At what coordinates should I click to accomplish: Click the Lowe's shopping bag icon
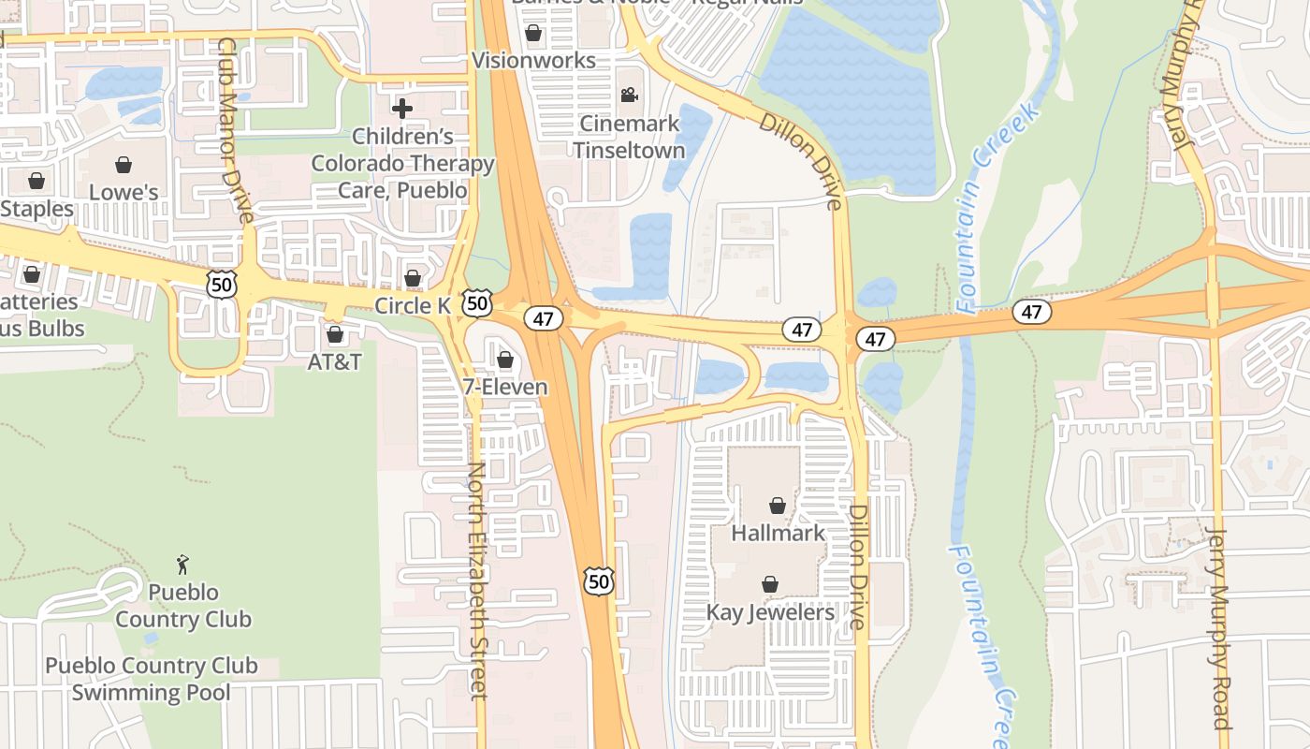[x=123, y=166]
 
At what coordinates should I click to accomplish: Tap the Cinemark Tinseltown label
[x=629, y=137]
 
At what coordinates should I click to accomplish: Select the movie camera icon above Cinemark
[x=629, y=95]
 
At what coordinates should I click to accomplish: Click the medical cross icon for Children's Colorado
[x=402, y=109]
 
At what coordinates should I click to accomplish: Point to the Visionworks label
[x=533, y=61]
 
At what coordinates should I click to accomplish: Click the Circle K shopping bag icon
[x=412, y=278]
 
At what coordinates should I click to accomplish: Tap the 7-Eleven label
[x=505, y=387]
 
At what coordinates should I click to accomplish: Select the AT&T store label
[x=334, y=361]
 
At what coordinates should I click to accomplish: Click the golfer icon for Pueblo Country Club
[x=182, y=565]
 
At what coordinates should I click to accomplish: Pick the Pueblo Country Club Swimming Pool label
[x=152, y=679]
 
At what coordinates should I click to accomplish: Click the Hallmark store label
[x=778, y=534]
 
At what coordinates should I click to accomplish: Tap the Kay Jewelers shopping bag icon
[x=769, y=585]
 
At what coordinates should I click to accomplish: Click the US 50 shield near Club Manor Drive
[x=222, y=285]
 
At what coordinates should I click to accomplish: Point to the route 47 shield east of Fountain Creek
[x=1031, y=312]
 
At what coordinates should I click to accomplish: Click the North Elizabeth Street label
[x=477, y=580]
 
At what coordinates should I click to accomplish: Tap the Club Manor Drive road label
[x=235, y=131]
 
